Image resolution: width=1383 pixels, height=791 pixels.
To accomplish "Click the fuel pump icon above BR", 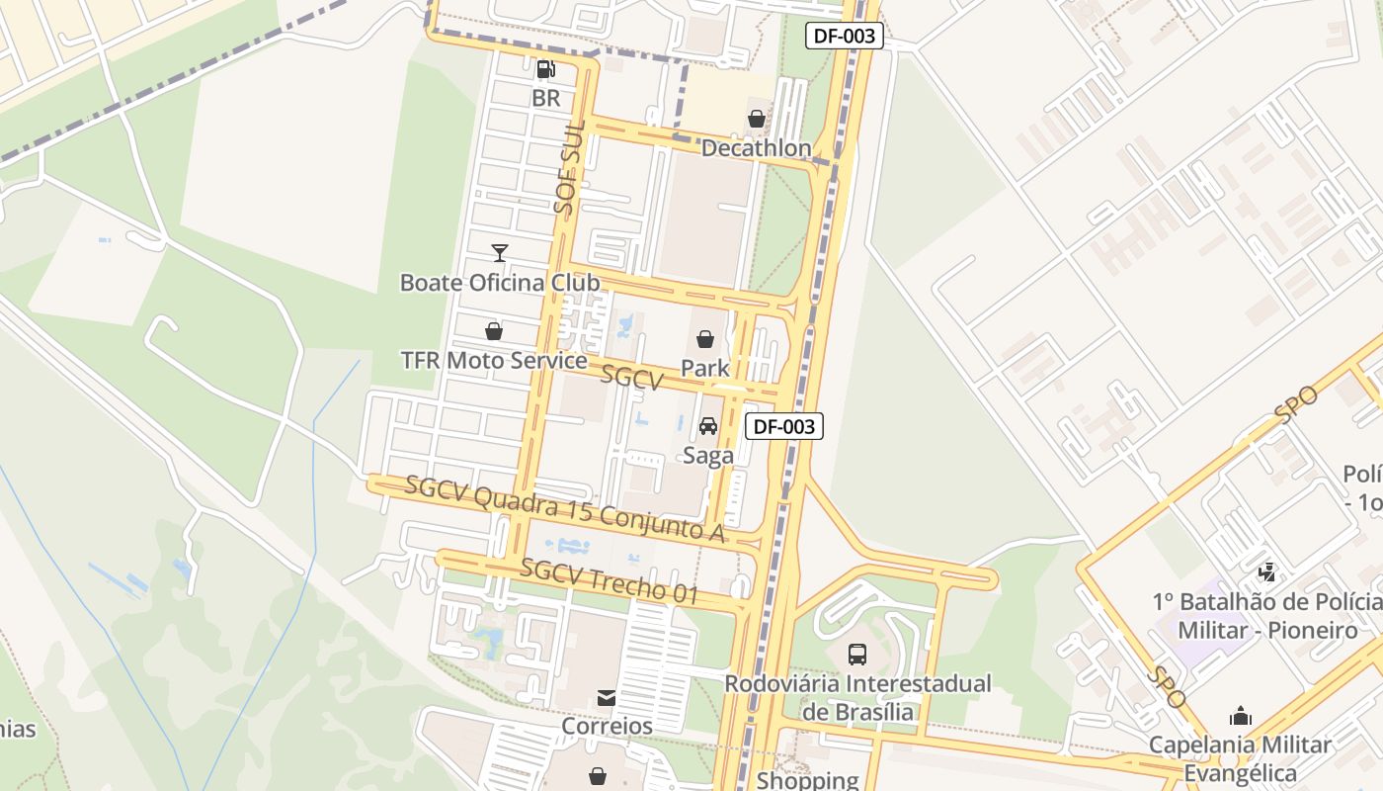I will pos(545,69).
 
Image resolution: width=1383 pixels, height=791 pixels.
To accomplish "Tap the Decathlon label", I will pos(756,148).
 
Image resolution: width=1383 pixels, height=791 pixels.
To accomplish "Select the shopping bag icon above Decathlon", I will pos(757,119).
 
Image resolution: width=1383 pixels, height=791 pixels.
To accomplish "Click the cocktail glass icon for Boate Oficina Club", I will pos(500,253).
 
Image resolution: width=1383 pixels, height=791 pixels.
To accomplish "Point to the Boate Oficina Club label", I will pos(499,283).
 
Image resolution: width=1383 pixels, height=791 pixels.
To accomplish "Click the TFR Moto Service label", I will pos(494,360).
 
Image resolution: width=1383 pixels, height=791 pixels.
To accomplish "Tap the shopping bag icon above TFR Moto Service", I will pos(494,330).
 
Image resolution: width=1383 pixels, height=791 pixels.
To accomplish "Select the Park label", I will pos(705,368).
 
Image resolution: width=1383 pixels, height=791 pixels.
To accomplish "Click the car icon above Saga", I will pos(708,426).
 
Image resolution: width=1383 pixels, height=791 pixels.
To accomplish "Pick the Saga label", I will pos(708,455).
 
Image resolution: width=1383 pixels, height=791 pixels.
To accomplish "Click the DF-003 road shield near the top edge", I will pos(844,37).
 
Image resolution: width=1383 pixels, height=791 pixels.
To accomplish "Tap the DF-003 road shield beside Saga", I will pos(784,426).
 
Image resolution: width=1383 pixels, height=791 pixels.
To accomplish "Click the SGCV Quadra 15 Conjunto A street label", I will pos(565,508).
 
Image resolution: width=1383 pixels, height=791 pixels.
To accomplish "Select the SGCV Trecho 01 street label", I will pos(610,581).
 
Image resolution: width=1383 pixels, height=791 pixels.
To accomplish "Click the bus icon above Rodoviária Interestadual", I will pos(857,654).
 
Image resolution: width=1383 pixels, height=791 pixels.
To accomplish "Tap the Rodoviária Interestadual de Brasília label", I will pos(857,697).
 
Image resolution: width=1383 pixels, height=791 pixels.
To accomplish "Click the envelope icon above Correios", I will pos(607,698).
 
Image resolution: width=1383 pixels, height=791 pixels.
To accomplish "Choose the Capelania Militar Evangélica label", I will pos(1240,758).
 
